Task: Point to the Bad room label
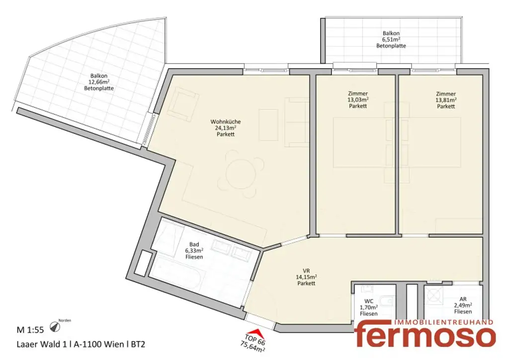[194, 244]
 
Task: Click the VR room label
[305, 271]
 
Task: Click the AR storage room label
[462, 299]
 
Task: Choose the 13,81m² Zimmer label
[445, 99]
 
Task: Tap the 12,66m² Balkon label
[99, 82]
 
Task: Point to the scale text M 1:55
[31, 329]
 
